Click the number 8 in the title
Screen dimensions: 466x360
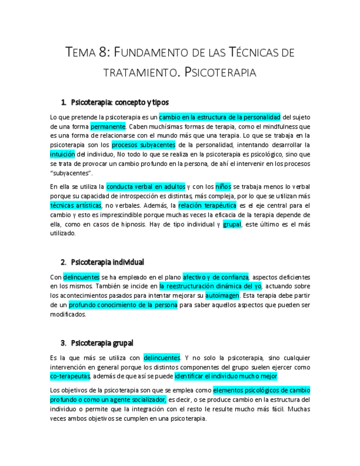pos(104,53)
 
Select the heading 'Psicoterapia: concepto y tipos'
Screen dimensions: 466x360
pos(120,102)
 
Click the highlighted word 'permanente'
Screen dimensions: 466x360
pos(108,126)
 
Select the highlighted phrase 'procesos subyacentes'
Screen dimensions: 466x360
pos(143,145)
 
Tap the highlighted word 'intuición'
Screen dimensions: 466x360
pos(62,154)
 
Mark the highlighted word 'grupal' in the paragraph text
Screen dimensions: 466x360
pos(232,224)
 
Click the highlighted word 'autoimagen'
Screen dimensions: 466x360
pos(222,295)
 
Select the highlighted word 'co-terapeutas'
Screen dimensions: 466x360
pos(70,376)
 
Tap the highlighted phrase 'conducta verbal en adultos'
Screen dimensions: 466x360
pos(146,186)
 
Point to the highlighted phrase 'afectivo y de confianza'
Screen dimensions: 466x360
pos(215,276)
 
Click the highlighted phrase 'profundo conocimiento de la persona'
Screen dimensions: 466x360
pos(123,304)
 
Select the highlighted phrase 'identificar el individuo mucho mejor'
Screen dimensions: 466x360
pos(226,376)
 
